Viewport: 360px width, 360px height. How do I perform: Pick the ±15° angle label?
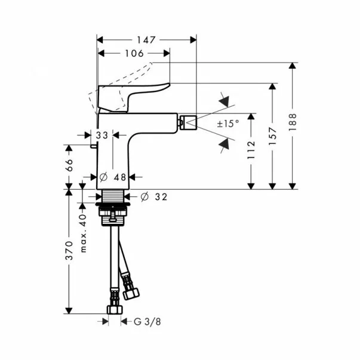pyautogui.click(x=227, y=124)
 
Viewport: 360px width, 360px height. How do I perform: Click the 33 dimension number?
pyautogui.click(x=102, y=136)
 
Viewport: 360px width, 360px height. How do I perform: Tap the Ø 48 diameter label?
pyautogui.click(x=113, y=177)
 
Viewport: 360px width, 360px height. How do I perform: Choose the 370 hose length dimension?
pyautogui.click(x=69, y=251)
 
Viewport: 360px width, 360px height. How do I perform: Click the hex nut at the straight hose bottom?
pyautogui.click(x=113, y=310)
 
